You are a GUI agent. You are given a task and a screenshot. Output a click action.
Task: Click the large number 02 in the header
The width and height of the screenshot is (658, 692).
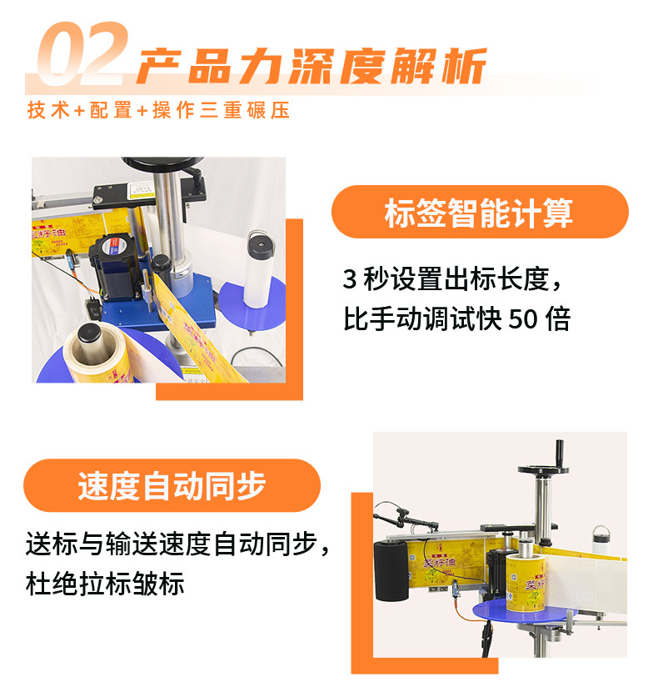pyautogui.click(x=83, y=53)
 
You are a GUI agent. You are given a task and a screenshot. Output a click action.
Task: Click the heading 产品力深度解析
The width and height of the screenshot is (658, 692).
pyautogui.click(x=312, y=66)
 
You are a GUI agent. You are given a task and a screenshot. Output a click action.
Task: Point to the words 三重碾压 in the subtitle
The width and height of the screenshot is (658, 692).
pyautogui.click(x=245, y=110)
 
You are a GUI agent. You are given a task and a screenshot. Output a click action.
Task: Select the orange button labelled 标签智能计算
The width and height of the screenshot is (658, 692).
pyautogui.click(x=480, y=212)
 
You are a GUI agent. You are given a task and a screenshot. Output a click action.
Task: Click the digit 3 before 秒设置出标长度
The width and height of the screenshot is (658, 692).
pyautogui.click(x=349, y=279)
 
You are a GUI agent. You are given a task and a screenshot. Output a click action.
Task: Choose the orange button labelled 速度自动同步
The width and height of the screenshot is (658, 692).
pyautogui.click(x=172, y=485)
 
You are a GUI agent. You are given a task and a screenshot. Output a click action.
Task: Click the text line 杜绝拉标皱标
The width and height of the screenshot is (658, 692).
pyautogui.click(x=105, y=584)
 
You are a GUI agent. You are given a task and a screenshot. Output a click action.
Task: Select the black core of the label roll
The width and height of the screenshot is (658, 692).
pyautogui.click(x=91, y=340)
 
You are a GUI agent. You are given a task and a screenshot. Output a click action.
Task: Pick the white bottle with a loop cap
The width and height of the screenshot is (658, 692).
pyautogui.click(x=601, y=539)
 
